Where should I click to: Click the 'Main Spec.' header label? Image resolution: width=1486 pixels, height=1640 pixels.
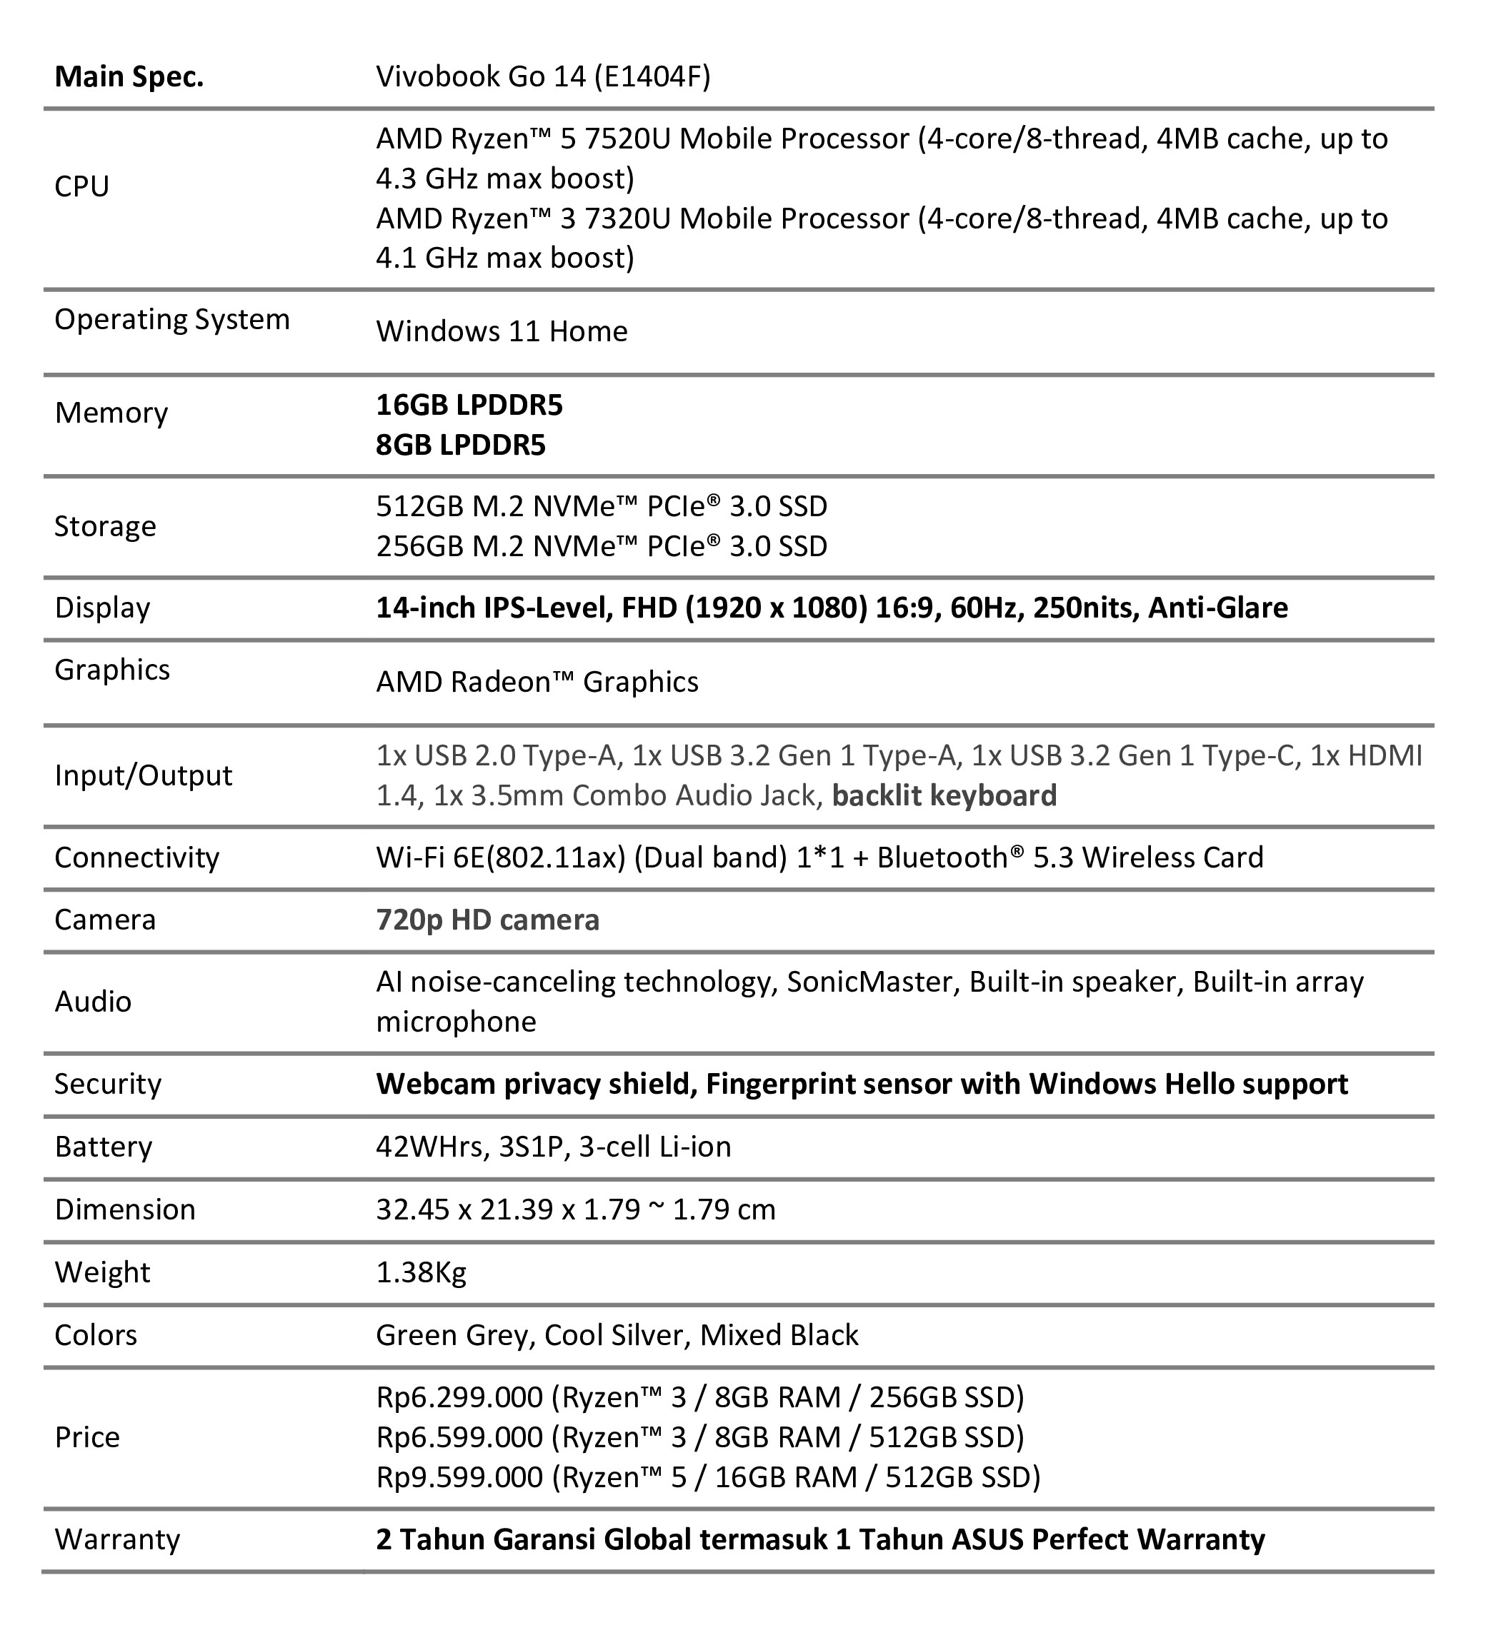(x=129, y=77)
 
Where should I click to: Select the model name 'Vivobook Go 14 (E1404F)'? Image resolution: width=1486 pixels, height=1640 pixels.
(x=543, y=76)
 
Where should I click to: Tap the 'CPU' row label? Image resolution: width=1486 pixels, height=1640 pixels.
(x=81, y=186)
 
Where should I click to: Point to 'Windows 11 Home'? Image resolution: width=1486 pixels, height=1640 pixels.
(x=502, y=332)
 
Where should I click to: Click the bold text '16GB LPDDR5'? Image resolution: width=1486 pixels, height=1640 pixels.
(x=469, y=405)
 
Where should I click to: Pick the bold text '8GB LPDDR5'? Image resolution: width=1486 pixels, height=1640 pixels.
(x=461, y=445)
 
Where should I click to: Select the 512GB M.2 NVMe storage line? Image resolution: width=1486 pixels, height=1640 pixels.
(x=602, y=506)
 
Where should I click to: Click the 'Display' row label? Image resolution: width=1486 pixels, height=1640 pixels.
(x=103, y=608)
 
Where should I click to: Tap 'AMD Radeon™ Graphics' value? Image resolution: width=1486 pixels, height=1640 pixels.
(x=537, y=682)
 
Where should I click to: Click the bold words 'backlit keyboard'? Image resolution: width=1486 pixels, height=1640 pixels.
(x=944, y=795)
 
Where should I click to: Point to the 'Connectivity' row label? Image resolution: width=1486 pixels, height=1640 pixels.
(x=136, y=857)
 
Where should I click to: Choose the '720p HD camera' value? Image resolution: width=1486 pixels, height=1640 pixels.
(x=487, y=920)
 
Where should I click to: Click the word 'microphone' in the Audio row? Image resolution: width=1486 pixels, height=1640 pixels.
(x=456, y=1022)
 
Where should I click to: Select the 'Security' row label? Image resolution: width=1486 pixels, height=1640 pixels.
(x=109, y=1085)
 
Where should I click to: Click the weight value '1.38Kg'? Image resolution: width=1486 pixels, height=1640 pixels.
(x=421, y=1272)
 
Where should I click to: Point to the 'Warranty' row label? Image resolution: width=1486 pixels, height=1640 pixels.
(x=117, y=1539)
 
